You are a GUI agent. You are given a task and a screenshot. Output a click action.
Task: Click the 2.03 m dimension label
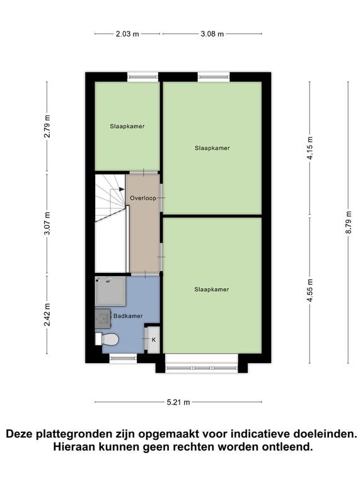tap(127, 34)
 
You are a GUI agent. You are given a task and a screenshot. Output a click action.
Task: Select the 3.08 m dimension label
tap(212, 34)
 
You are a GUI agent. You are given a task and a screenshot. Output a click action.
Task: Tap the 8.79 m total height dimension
tap(349, 222)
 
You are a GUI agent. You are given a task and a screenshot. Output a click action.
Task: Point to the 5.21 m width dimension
tap(178, 402)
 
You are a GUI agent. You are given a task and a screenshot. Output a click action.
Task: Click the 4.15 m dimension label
tap(310, 148)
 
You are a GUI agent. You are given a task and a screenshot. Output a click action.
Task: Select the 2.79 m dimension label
tap(47, 126)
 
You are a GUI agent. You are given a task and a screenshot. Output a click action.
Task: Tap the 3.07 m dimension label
tap(47, 224)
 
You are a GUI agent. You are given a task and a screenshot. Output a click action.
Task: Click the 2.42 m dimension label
tap(47, 315)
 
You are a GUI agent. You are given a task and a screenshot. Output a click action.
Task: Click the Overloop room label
tap(143, 198)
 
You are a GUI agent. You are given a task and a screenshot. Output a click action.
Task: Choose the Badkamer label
tap(128, 316)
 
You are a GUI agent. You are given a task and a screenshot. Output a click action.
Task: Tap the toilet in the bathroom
tap(107, 339)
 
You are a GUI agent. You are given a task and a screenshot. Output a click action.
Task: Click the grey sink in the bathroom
tap(103, 319)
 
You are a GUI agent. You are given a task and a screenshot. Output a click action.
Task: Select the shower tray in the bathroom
tap(110, 291)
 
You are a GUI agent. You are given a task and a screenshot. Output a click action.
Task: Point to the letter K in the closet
tap(153, 340)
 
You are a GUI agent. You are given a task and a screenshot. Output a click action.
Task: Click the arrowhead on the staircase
tap(122, 189)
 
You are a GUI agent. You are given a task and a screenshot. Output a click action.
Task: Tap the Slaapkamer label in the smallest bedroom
tap(127, 126)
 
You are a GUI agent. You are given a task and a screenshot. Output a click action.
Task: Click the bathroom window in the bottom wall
tap(123, 358)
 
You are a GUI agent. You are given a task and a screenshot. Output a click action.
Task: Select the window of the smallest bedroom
tap(143, 77)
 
